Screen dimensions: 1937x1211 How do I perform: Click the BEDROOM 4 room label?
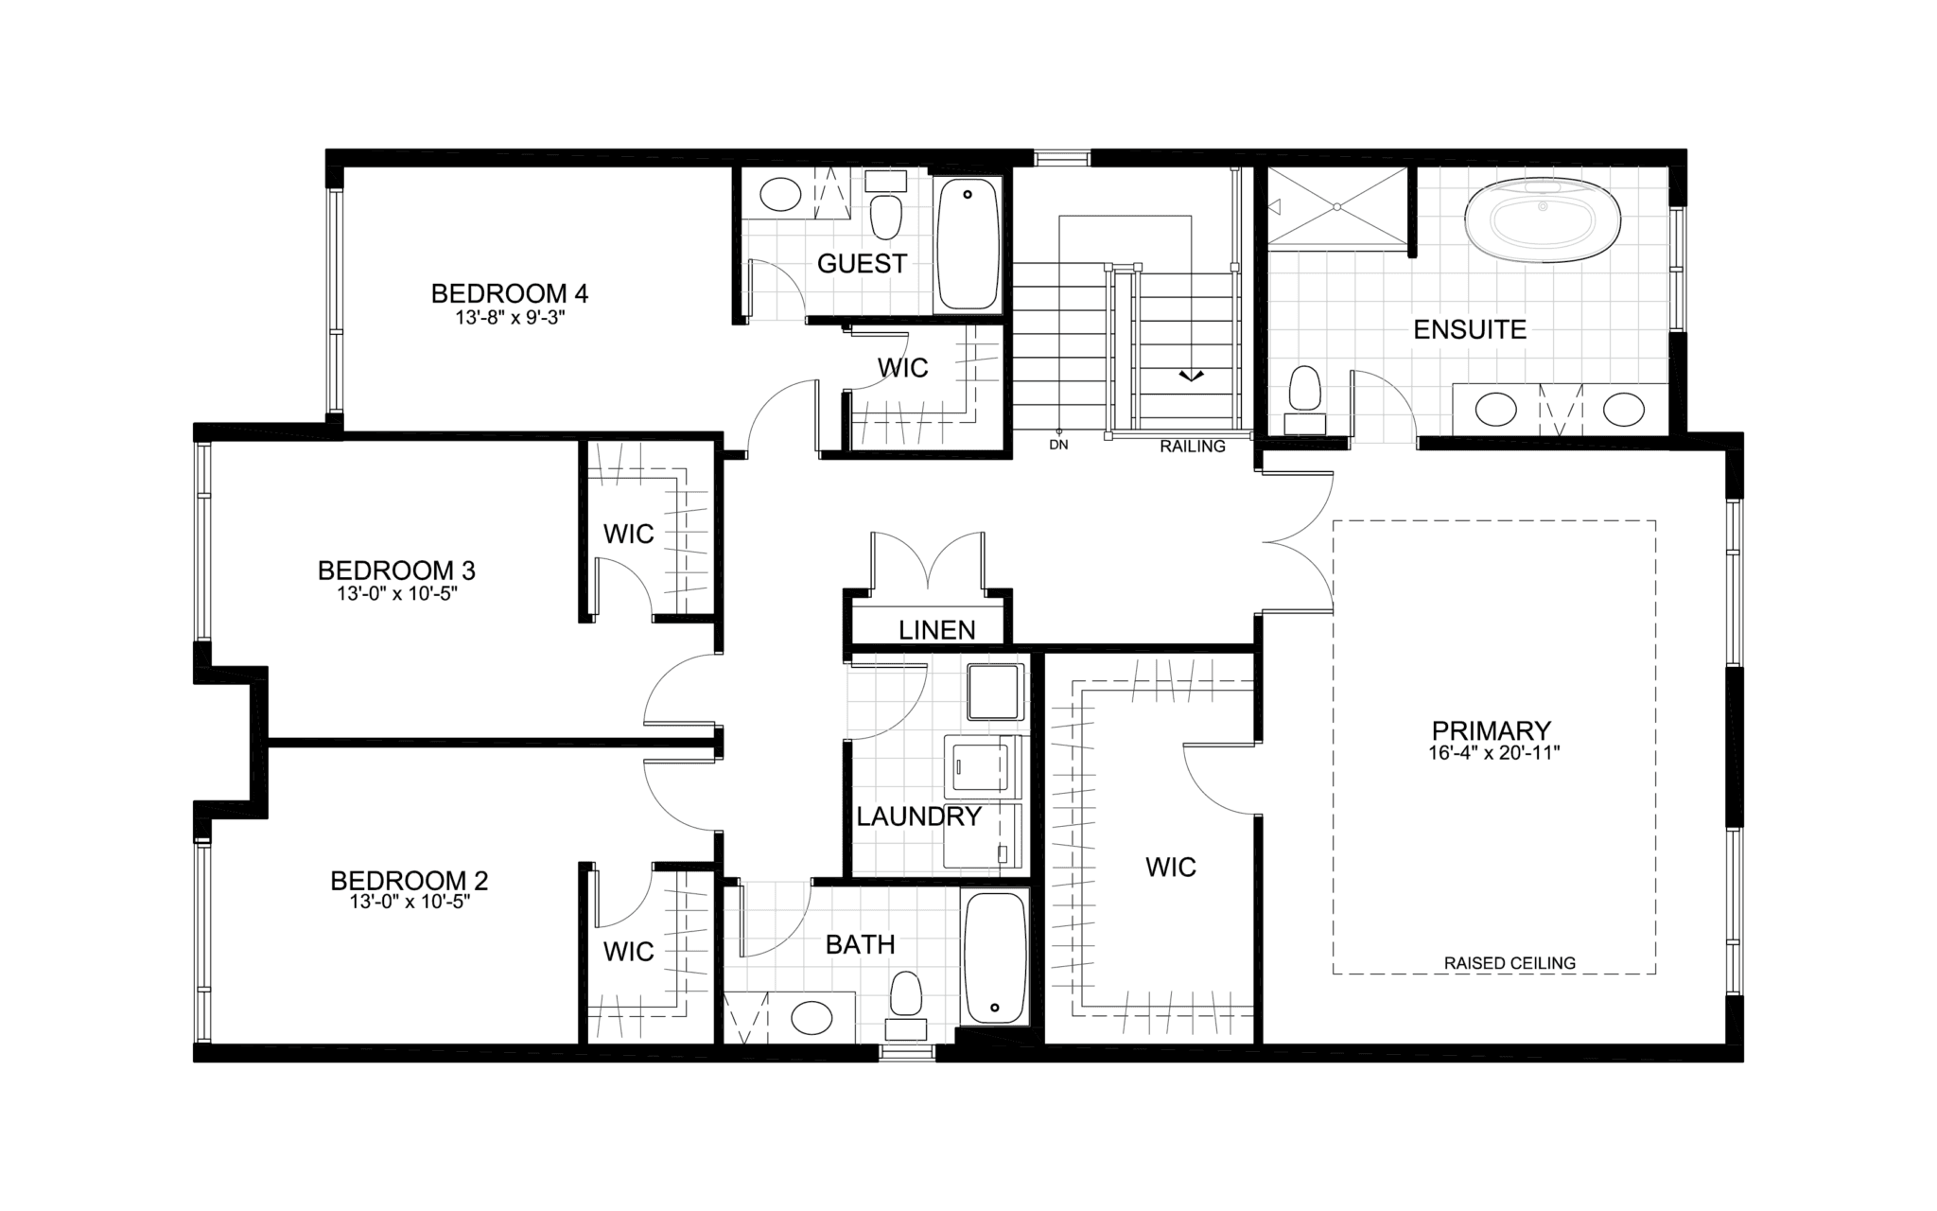point(509,293)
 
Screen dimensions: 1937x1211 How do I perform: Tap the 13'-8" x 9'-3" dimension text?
point(510,318)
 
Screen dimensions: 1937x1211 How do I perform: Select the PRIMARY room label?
point(1491,730)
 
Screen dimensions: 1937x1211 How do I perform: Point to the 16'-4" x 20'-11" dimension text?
point(1493,754)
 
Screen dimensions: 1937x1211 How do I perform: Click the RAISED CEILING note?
point(1509,963)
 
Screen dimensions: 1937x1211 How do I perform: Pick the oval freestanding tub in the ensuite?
point(1543,223)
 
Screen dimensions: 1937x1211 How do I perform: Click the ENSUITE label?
point(1470,329)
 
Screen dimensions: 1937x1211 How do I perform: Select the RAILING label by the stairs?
point(1193,447)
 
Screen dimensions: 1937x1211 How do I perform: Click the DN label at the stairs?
point(1058,445)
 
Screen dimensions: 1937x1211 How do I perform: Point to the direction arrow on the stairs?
point(1191,376)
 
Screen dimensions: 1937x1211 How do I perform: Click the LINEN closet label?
point(937,630)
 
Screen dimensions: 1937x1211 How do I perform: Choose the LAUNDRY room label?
point(918,816)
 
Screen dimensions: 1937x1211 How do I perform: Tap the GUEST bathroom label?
point(862,264)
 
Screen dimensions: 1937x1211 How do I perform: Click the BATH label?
point(860,944)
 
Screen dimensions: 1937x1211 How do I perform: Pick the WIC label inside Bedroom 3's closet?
point(628,535)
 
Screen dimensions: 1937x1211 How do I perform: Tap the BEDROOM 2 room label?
point(410,881)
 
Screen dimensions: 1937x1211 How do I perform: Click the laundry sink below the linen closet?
point(995,692)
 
